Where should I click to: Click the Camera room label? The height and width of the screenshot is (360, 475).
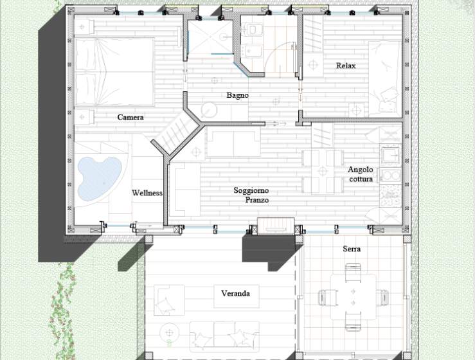130,117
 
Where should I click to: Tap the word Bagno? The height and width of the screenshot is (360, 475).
238,95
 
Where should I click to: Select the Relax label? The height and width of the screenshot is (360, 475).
346,66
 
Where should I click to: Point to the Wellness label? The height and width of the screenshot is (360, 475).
147,193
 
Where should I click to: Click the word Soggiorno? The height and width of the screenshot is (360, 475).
251,190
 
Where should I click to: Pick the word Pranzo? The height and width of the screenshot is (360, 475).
257,200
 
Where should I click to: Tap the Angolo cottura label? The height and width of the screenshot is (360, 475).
361,174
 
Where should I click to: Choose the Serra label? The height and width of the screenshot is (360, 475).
352,249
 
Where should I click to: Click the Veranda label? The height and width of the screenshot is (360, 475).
235,293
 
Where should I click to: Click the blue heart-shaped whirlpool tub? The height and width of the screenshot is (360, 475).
98,178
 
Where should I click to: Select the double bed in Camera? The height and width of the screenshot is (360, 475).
114,72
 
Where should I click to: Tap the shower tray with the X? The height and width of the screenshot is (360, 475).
210,37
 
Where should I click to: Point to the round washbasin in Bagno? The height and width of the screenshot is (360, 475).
209,110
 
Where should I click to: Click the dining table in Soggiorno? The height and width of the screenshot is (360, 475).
323,172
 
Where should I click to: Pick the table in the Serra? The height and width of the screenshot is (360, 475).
353,297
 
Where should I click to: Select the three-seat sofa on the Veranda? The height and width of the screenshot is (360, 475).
224,335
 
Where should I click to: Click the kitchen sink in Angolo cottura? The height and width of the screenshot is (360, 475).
391,156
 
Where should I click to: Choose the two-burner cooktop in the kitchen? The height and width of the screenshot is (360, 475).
391,175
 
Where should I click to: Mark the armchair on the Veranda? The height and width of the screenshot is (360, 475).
169,300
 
